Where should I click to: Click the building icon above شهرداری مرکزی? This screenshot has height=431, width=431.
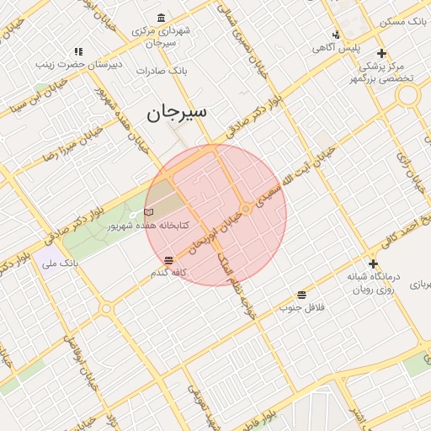(161, 18)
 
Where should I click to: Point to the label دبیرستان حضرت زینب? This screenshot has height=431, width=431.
(79, 64)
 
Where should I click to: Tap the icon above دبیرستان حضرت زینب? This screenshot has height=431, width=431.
(78, 51)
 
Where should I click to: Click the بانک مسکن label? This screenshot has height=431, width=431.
(404, 20)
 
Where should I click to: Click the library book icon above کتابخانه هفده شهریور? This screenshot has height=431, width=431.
(149, 212)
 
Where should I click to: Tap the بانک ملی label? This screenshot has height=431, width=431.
(60, 263)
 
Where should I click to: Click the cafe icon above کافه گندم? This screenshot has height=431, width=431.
(169, 260)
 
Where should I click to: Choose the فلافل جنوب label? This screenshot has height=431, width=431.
(302, 307)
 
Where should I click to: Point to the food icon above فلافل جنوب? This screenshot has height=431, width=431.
(301, 295)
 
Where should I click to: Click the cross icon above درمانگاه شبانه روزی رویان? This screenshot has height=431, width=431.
(373, 263)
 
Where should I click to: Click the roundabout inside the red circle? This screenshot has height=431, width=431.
(246, 208)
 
